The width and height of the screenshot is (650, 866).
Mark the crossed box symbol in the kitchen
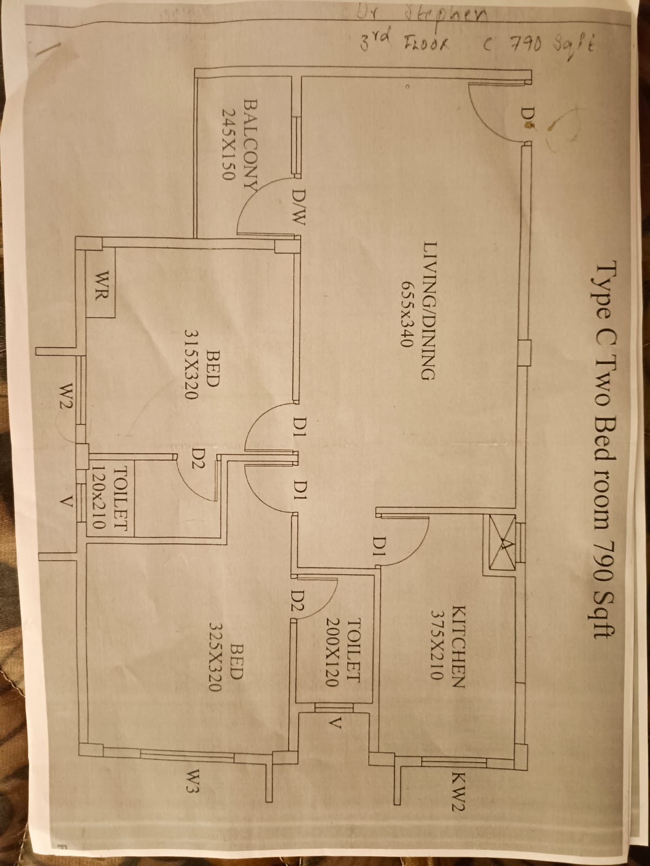(500, 545)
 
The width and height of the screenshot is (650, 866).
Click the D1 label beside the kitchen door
(379, 546)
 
